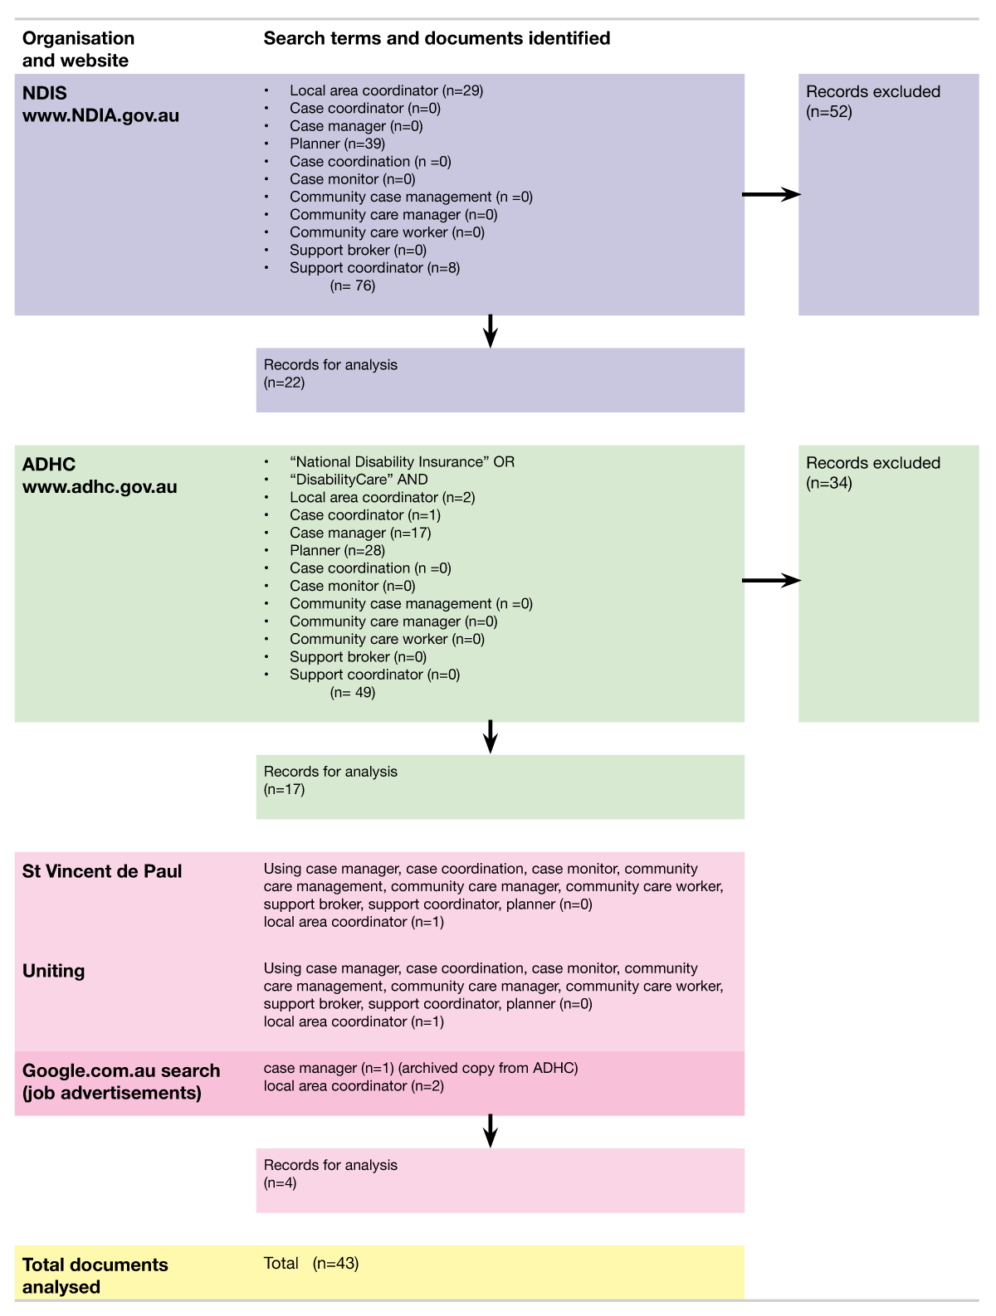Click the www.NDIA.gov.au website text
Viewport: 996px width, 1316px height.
(100, 115)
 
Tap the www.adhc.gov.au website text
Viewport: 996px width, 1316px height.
(100, 487)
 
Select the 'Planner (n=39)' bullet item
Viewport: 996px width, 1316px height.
(337, 144)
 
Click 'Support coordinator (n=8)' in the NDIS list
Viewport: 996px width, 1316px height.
(374, 268)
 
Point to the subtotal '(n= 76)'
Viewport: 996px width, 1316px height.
(353, 286)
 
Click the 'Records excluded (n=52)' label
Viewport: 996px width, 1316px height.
(872, 101)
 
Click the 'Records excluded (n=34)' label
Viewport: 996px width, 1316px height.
(872, 473)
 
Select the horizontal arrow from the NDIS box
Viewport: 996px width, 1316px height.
(771, 194)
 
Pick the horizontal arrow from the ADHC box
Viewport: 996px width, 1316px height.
(771, 580)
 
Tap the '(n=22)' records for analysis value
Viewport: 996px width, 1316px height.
(284, 383)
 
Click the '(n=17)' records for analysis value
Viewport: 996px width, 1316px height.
(284, 790)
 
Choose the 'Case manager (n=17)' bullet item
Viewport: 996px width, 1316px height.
(360, 533)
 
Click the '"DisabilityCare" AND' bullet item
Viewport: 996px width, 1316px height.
(359, 480)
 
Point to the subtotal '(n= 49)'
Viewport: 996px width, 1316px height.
(353, 693)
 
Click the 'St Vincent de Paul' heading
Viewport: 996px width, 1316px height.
(102, 871)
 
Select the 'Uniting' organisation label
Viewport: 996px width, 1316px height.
(53, 971)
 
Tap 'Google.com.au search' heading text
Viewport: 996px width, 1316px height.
(121, 1070)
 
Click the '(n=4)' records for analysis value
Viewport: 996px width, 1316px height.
(280, 1183)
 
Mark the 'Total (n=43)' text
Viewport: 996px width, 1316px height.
(311, 1264)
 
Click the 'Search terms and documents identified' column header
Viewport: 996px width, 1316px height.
(437, 38)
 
